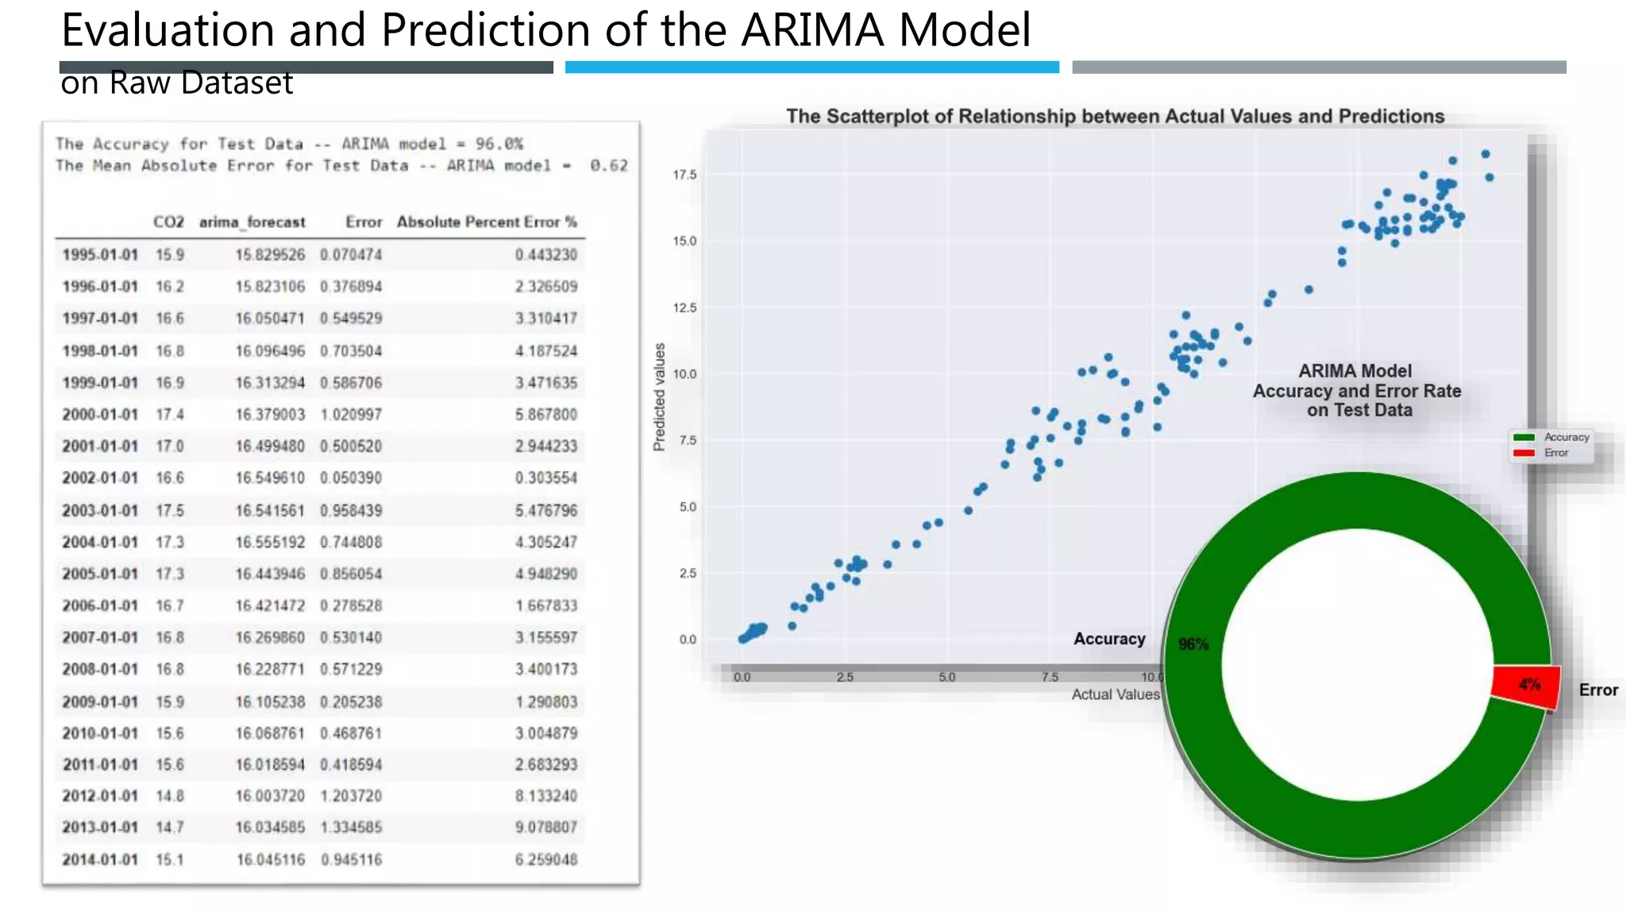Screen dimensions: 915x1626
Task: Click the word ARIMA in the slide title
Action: pos(812,30)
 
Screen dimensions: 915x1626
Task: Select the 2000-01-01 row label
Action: pos(100,415)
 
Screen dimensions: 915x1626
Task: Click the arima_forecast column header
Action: pos(252,222)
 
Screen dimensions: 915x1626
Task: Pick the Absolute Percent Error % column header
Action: pos(487,222)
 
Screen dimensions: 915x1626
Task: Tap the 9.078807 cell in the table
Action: pos(545,828)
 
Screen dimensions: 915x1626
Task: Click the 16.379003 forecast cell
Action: pos(270,415)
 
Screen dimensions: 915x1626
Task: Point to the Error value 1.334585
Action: pos(351,828)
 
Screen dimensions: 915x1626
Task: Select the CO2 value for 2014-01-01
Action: pos(169,860)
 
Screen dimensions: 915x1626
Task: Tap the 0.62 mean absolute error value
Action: pos(608,165)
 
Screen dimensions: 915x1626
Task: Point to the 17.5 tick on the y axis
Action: pos(684,175)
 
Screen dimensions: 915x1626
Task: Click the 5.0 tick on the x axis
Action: pos(946,678)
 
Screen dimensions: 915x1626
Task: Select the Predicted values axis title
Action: pos(659,397)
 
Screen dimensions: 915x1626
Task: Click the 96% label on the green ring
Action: pos(1193,644)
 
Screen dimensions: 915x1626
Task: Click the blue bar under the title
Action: pos(811,68)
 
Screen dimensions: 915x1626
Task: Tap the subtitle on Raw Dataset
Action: pos(177,83)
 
